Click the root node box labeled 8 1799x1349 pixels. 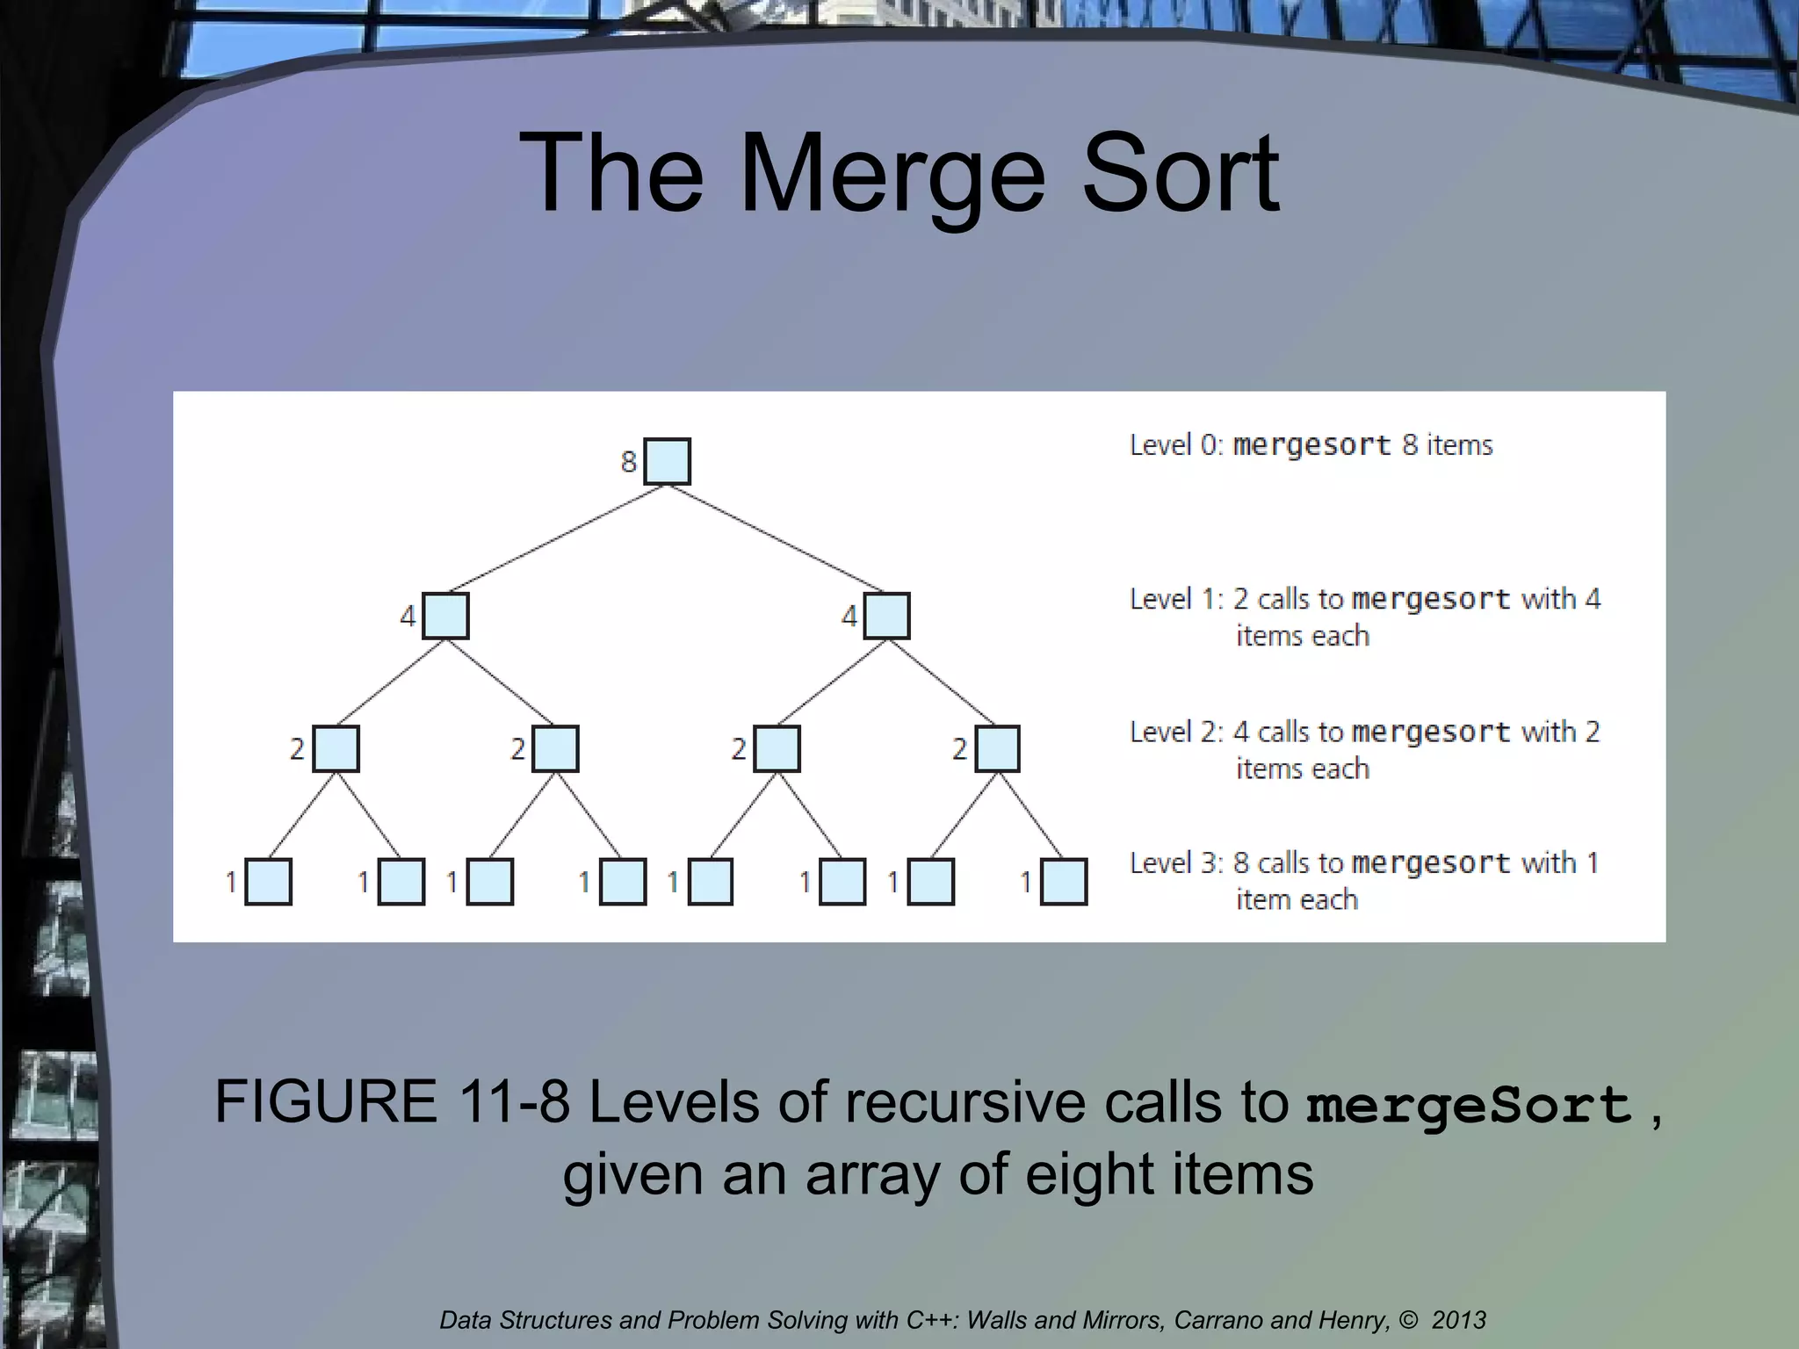coord(667,461)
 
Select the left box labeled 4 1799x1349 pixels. coord(445,616)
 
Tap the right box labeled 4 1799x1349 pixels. coord(886,616)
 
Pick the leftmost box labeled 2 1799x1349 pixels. coord(336,749)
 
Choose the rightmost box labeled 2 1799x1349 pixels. coord(997,749)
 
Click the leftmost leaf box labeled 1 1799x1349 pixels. coord(268,882)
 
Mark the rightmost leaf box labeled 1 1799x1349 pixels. coord(1064,882)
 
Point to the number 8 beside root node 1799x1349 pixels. coord(628,461)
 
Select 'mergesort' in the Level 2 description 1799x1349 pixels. coord(1431,732)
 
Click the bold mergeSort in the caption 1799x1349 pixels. coord(1469,1105)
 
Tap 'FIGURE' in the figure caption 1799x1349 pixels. coord(326,1101)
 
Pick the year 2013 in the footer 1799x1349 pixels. coord(1458,1320)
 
